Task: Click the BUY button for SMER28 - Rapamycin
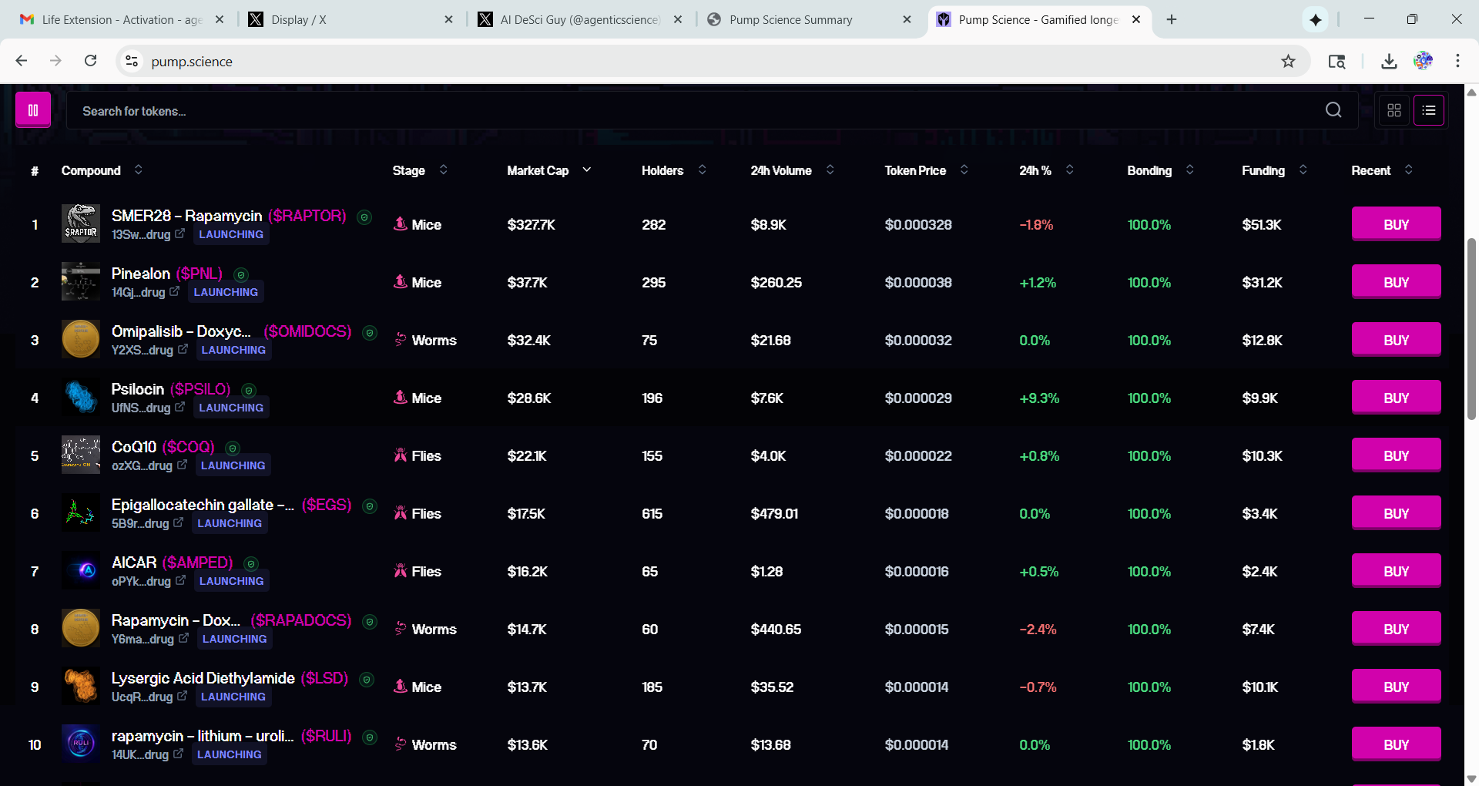pos(1396,224)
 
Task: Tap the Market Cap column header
pos(538,170)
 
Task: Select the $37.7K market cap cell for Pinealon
pos(527,283)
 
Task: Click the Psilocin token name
pos(138,389)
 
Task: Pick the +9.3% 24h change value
pos(1039,398)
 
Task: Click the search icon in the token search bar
pos(1333,110)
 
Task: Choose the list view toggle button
pos(1429,110)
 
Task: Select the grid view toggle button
pos(1394,110)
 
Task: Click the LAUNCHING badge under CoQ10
pos(233,465)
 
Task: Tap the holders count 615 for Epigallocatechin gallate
pos(652,514)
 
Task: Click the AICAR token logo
pos(81,571)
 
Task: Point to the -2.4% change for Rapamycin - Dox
pos(1038,630)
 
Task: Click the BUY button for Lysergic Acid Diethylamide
pos(1396,687)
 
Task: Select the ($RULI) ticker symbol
pos(326,736)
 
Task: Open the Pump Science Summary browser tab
pos(790,20)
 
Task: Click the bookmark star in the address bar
pos(1288,62)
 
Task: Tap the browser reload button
pos(90,61)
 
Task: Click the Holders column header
pos(662,170)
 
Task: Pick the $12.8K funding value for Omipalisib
pos(1262,341)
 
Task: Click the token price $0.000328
pos(918,225)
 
